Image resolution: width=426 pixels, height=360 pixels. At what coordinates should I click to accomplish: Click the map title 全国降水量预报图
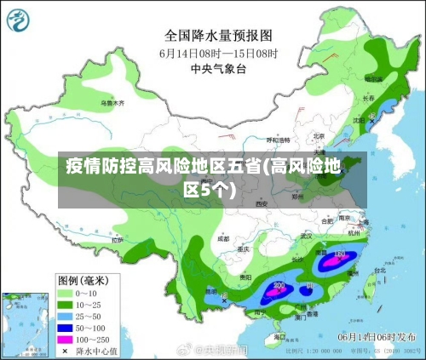218,36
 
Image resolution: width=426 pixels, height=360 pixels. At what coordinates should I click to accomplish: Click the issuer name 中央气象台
218,67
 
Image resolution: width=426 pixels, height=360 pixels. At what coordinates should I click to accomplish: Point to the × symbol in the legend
64,351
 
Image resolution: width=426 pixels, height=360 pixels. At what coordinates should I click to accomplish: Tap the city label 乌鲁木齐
112,103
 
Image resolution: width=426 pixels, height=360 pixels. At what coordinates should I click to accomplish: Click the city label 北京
319,135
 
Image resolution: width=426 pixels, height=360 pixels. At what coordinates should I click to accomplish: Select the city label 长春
369,98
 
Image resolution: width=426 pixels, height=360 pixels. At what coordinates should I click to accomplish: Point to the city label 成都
223,239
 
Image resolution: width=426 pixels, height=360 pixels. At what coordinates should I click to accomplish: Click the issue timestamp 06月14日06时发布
375,337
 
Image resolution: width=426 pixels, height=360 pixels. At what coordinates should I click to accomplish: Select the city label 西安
262,204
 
